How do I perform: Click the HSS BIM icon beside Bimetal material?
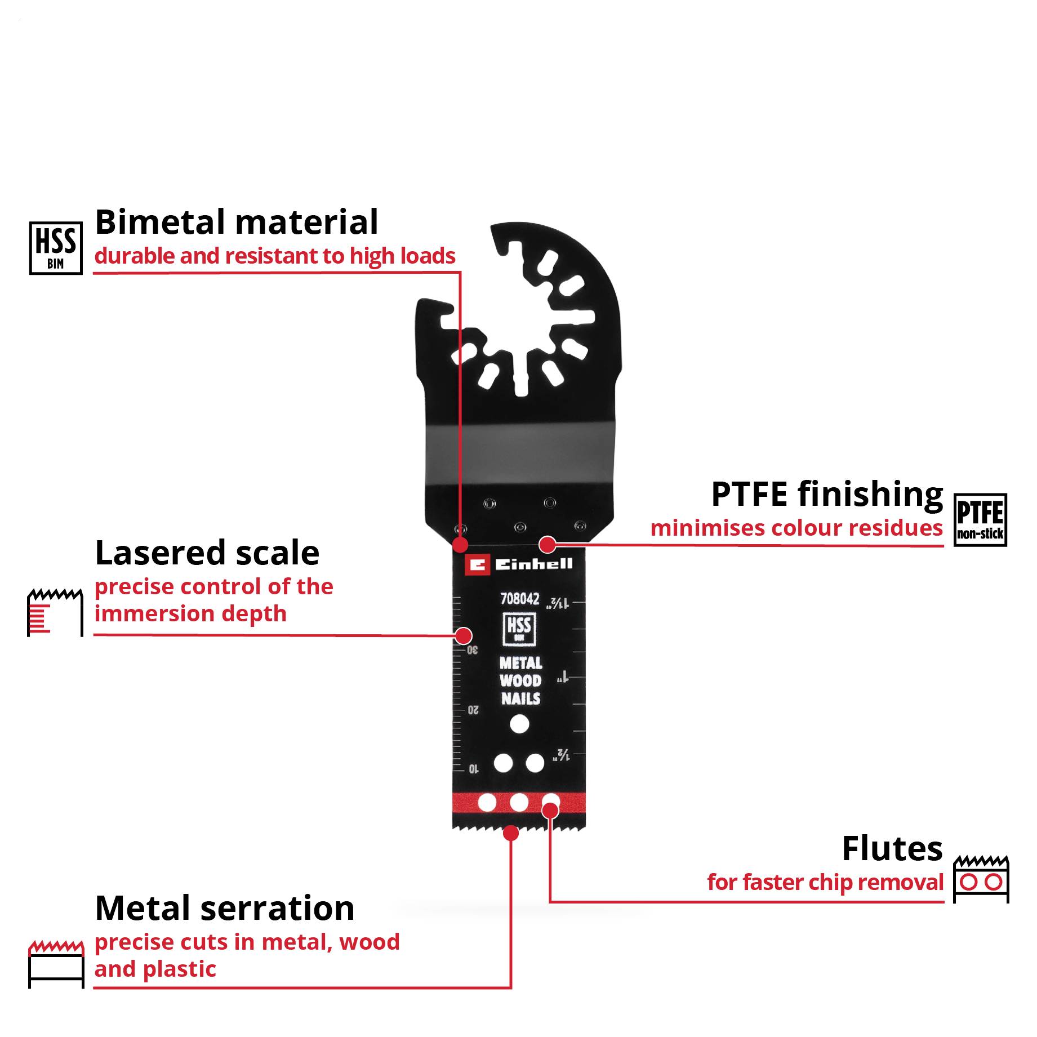(x=56, y=248)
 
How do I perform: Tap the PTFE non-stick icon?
(x=980, y=520)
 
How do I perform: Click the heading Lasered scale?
(x=207, y=553)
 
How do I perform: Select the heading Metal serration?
(x=225, y=908)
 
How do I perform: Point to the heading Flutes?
(x=892, y=848)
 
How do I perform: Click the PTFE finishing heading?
(x=826, y=494)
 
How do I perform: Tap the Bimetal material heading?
(x=237, y=222)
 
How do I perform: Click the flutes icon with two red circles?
(x=981, y=879)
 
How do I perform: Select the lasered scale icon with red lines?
(x=55, y=612)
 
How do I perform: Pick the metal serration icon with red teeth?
(x=56, y=964)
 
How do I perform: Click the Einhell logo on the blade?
(x=519, y=564)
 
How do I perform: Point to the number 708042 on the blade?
(x=519, y=598)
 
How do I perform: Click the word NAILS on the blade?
(x=520, y=698)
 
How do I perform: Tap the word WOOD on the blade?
(x=520, y=680)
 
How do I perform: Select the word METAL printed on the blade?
(x=520, y=663)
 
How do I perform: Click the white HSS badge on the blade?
(x=519, y=629)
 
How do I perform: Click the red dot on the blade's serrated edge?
(x=510, y=833)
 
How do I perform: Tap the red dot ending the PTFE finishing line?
(x=547, y=544)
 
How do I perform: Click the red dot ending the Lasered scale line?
(x=464, y=636)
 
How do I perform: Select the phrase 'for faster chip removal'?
(x=825, y=882)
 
